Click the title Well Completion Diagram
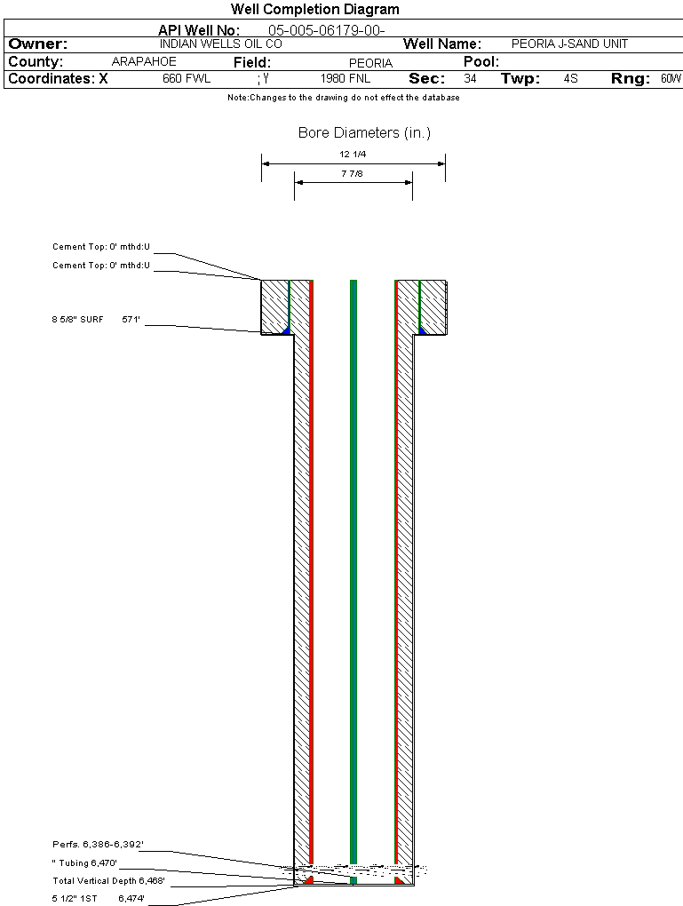(x=315, y=9)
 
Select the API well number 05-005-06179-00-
(x=327, y=30)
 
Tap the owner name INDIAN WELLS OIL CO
(x=221, y=44)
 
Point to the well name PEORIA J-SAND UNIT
(x=569, y=44)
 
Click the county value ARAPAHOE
(x=144, y=62)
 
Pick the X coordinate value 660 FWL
(x=186, y=78)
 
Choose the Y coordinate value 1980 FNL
(x=345, y=78)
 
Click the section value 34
(x=470, y=78)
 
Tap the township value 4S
(x=570, y=78)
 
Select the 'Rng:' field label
(x=631, y=78)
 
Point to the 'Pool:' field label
(x=481, y=62)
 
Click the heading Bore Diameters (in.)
(x=365, y=133)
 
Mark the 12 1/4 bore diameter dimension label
(x=353, y=155)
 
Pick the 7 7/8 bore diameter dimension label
(x=352, y=173)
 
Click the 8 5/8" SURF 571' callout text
(x=96, y=320)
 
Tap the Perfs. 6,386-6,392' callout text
(x=98, y=844)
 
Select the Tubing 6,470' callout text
(x=84, y=862)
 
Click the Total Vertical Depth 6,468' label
(x=108, y=881)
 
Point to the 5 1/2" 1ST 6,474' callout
(x=99, y=899)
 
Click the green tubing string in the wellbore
(x=353, y=578)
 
